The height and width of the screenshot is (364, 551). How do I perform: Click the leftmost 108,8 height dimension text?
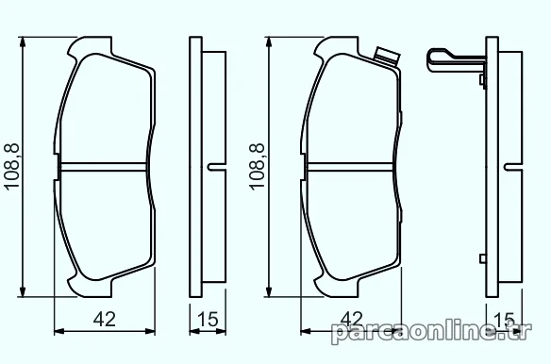(x=11, y=167)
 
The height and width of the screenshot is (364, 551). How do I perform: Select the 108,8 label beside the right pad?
(x=258, y=167)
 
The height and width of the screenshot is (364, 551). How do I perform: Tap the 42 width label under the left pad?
(x=105, y=319)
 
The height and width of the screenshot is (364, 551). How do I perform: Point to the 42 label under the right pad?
(x=352, y=319)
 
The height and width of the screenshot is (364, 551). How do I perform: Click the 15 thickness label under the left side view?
(x=208, y=319)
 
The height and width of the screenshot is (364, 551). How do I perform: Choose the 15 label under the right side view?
(x=504, y=319)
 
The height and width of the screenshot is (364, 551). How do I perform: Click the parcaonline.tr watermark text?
(x=431, y=332)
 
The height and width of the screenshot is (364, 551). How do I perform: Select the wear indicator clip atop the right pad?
(x=387, y=57)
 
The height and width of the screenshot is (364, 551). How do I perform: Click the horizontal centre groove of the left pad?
(x=104, y=167)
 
